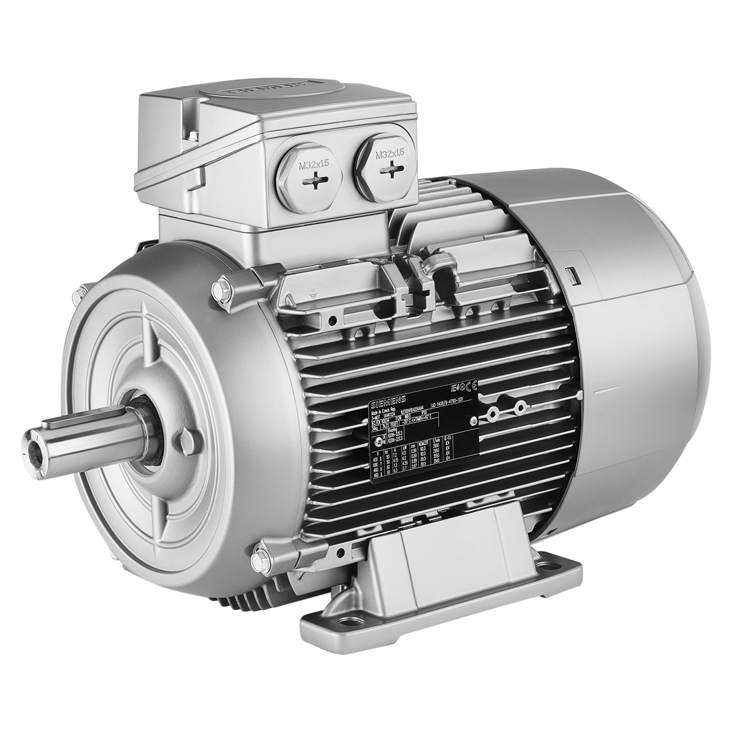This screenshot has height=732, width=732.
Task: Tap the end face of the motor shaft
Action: (34, 444)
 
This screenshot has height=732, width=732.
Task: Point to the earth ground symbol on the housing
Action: (312, 293)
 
